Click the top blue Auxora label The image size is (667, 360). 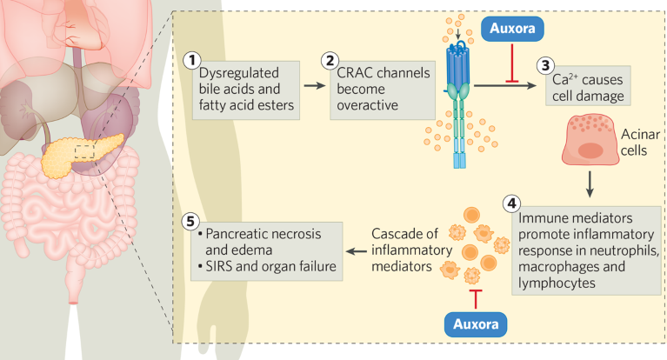pyautogui.click(x=512, y=27)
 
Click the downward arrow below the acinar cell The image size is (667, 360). pyautogui.click(x=590, y=183)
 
